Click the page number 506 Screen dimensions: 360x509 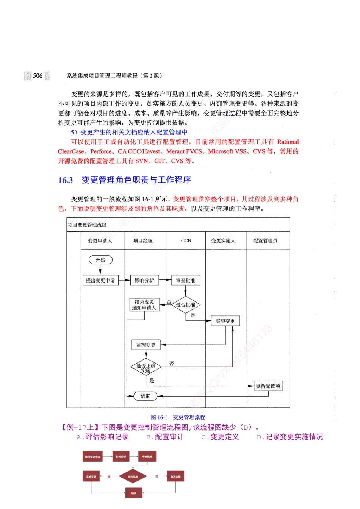tap(38, 76)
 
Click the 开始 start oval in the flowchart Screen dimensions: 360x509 tap(100, 260)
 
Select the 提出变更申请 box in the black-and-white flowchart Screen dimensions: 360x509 tap(100, 281)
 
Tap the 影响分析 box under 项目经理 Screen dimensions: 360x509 tap(144, 281)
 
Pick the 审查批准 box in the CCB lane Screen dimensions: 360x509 tap(185, 281)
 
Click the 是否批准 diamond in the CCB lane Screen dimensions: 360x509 tap(185, 304)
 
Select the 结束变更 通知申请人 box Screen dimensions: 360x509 tap(144, 305)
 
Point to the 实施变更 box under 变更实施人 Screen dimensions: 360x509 tap(225, 321)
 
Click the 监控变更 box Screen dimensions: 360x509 tap(146, 345)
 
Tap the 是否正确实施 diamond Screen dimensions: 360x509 tap(146, 367)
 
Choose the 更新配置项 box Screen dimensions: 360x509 tap(268, 386)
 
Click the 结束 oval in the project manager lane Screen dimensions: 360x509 tap(145, 396)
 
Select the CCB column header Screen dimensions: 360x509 tap(186, 241)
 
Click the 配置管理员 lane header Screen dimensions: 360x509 tap(265, 241)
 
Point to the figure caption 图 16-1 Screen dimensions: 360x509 tap(159, 417)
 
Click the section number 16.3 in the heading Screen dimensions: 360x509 tap(66, 180)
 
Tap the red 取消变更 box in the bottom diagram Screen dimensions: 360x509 tap(175, 476)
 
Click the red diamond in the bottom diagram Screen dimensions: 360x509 tap(133, 476)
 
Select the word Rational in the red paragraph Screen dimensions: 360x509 tap(288, 142)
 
